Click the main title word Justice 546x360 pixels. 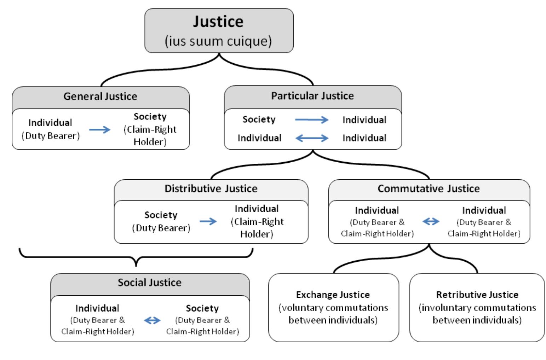click(x=218, y=22)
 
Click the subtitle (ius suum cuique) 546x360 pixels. click(x=218, y=41)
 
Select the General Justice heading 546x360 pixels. click(x=100, y=96)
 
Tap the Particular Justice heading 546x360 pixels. click(x=312, y=96)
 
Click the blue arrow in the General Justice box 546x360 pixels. click(x=99, y=130)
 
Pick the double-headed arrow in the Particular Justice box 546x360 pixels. click(x=312, y=138)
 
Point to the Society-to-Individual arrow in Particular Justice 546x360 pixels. click(x=312, y=120)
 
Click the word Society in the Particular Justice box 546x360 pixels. click(x=259, y=120)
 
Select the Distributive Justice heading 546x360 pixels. click(x=211, y=188)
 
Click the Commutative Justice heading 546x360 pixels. click(x=429, y=188)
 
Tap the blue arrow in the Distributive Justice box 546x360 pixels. click(x=208, y=222)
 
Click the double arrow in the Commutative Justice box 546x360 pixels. click(x=431, y=222)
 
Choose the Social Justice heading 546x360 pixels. click(x=149, y=283)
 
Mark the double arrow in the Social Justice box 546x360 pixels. click(x=152, y=320)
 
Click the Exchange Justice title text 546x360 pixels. click(x=333, y=295)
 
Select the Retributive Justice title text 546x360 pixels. click(x=477, y=295)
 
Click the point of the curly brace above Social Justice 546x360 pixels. click(x=136, y=265)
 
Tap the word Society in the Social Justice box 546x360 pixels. click(x=202, y=308)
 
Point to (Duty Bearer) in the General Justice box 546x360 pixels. click(x=51, y=136)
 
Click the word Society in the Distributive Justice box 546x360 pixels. click(x=161, y=215)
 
